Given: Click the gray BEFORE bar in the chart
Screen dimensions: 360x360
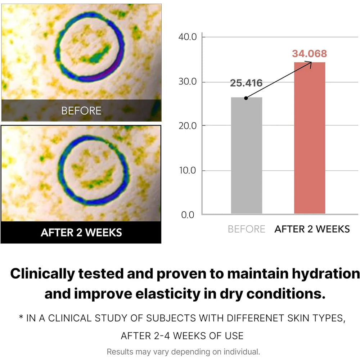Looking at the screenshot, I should (247, 155).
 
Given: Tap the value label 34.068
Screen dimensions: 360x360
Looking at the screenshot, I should (309, 54).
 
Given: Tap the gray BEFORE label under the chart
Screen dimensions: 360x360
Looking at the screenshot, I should (247, 229).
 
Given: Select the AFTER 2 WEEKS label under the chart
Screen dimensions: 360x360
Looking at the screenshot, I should (312, 229).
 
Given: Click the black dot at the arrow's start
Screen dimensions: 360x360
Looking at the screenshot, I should (246, 98).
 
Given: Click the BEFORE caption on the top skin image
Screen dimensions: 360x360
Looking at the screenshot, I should (81, 111).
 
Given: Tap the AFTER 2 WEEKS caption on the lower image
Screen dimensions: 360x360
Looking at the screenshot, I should (81, 233).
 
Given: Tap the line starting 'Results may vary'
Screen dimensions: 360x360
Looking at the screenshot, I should (183, 351).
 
